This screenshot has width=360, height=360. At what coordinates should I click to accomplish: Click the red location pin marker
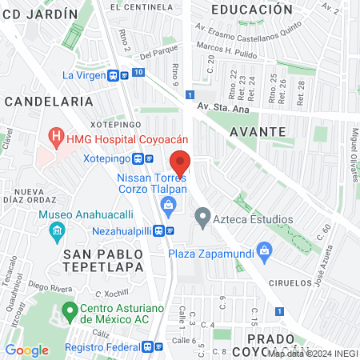point(180,162)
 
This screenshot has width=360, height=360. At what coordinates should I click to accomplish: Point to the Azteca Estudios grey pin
point(203,216)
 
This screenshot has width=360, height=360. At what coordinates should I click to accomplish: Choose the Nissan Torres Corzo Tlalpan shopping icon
point(168,210)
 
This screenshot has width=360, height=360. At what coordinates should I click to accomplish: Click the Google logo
point(26,350)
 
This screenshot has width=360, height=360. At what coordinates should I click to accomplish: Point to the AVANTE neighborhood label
point(258,130)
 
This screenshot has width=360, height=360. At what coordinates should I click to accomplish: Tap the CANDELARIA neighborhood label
point(48,102)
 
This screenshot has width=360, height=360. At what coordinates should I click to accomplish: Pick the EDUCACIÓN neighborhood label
point(251,9)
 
